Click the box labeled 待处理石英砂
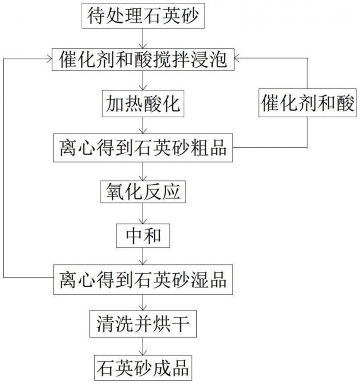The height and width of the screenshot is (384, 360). [144, 16]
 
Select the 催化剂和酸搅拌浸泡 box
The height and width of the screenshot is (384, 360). [144, 59]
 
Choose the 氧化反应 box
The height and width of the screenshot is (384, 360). [144, 192]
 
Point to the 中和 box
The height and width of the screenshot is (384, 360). [144, 236]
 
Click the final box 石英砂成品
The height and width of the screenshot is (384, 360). [144, 368]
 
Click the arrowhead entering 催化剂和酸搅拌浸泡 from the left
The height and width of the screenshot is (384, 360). [49, 59]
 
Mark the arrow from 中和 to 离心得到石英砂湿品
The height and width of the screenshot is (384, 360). [144, 257]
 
